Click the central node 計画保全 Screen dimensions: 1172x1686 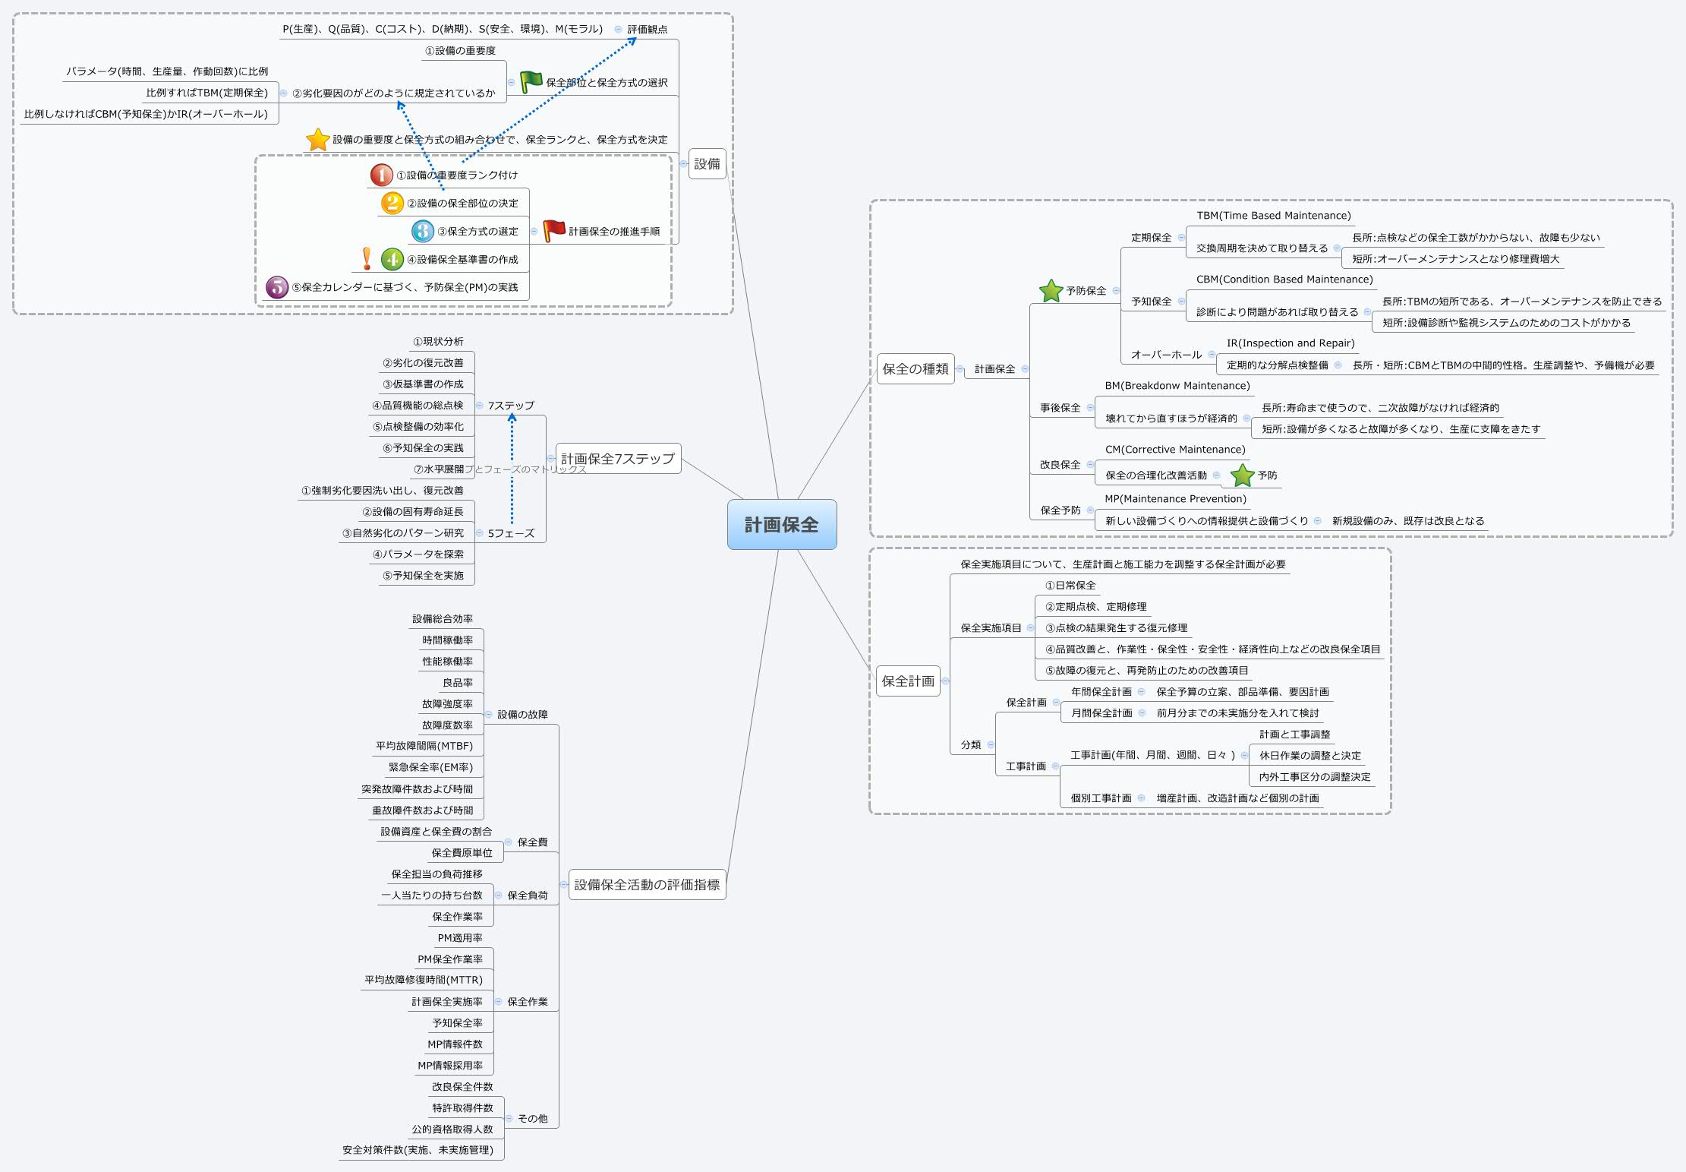point(781,524)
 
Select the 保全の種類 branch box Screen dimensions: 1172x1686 point(915,368)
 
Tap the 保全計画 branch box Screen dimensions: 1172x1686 point(908,681)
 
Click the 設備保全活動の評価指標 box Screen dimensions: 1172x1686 point(647,884)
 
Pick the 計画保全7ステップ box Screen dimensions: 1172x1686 point(617,458)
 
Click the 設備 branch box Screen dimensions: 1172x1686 point(707,163)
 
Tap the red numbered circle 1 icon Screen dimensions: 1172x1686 point(381,175)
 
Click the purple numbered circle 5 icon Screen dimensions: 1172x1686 point(277,287)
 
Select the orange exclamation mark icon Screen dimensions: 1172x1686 point(367,258)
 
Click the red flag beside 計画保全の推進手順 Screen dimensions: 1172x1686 point(554,230)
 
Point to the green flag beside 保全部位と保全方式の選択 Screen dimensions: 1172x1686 point(531,81)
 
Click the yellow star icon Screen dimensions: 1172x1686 point(317,139)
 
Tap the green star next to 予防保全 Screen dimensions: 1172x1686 point(1051,290)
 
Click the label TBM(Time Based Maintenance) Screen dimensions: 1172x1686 point(1273,216)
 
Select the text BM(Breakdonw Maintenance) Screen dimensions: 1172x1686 point(1177,386)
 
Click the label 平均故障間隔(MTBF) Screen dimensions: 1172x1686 point(424,746)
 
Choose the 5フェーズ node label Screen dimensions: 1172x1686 point(510,533)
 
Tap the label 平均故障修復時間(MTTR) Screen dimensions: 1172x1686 point(423,980)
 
